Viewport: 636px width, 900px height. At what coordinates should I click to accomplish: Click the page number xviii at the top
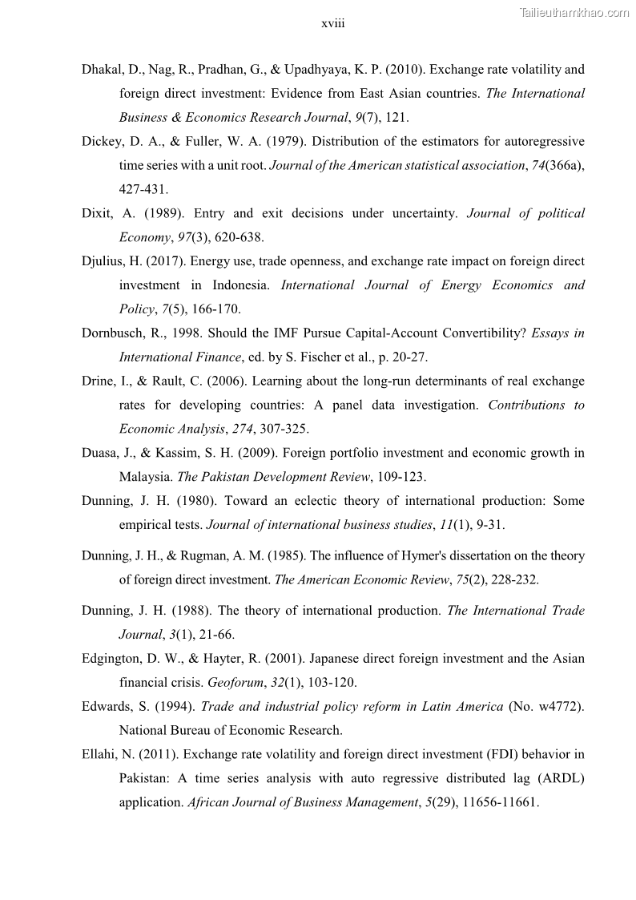click(332, 24)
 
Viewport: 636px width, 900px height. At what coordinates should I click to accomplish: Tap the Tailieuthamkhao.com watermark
click(574, 12)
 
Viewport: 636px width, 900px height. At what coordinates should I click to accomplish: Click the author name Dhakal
click(101, 70)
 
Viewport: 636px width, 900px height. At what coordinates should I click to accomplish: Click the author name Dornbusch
click(113, 333)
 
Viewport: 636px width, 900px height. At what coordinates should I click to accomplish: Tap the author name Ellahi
click(99, 754)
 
